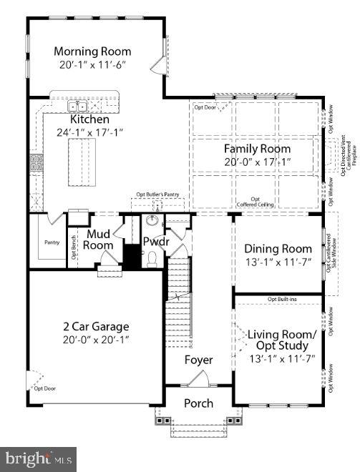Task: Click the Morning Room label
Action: click(x=92, y=51)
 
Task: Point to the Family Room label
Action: click(x=257, y=149)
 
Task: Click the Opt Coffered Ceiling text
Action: click(x=254, y=202)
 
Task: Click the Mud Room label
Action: click(x=99, y=240)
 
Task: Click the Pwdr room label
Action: click(x=155, y=242)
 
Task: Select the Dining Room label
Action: click(x=276, y=249)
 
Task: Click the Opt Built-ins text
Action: click(x=282, y=299)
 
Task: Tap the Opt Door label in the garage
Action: click(x=44, y=388)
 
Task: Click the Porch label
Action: click(x=198, y=403)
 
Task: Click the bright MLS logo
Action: click(x=40, y=457)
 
